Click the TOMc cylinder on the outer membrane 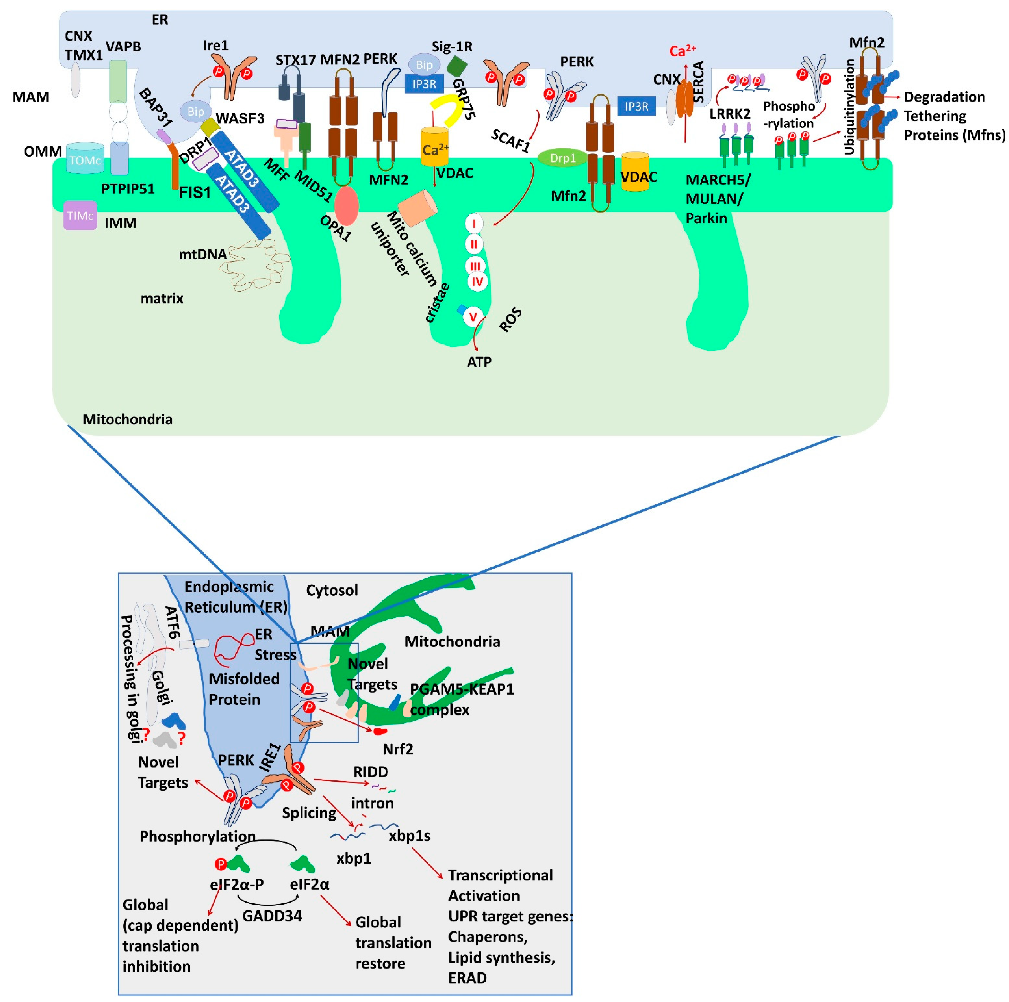(x=85, y=159)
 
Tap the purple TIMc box (x=80, y=215)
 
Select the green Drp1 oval (x=562, y=158)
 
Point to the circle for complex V (x=473, y=317)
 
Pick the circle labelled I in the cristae (x=474, y=224)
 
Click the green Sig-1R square (x=457, y=66)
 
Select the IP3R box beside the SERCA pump (x=636, y=107)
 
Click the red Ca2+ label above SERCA (x=683, y=51)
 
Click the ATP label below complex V (x=479, y=362)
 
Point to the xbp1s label (x=409, y=836)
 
